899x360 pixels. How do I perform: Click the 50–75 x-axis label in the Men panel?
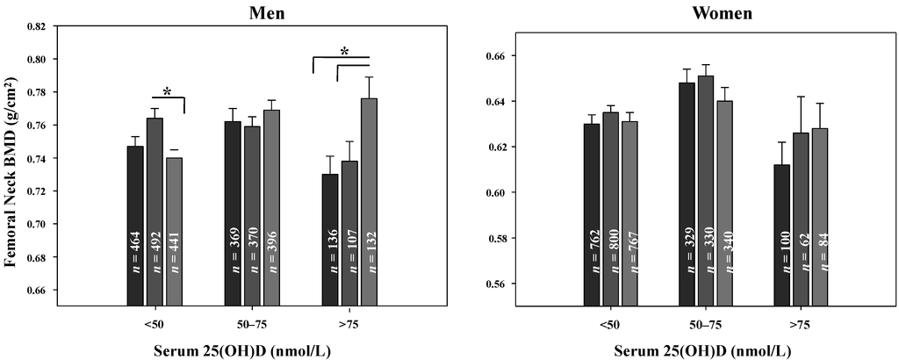pyautogui.click(x=252, y=324)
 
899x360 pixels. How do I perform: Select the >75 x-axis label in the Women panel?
pyautogui.click(x=800, y=324)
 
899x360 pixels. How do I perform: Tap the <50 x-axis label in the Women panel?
pyautogui.click(x=610, y=324)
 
